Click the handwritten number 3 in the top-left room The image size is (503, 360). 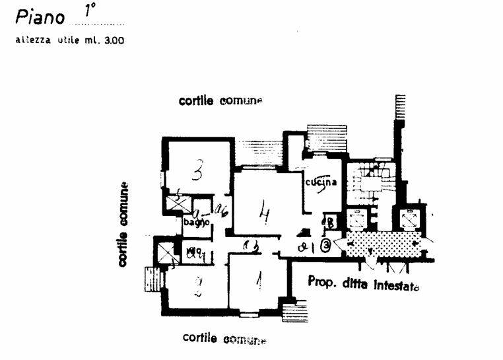click(x=196, y=173)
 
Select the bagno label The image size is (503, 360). click(x=196, y=223)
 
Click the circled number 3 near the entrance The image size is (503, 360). click(x=326, y=246)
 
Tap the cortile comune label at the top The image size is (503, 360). click(x=220, y=101)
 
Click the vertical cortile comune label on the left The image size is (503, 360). click(x=123, y=224)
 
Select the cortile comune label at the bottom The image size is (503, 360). click(x=224, y=339)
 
